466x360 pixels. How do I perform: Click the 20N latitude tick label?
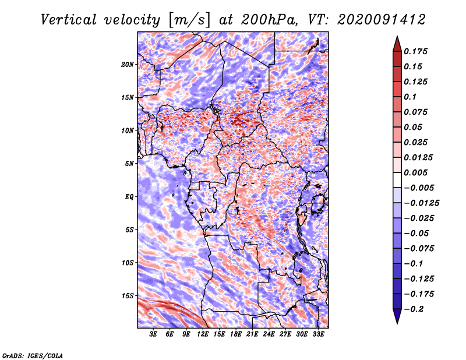[128, 64]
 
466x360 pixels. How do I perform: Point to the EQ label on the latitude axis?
[129, 196]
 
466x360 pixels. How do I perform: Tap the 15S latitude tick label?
[128, 295]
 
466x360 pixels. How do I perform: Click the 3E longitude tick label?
[154, 334]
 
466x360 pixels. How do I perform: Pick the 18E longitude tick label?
[236, 334]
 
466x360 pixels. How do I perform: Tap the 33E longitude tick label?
[318, 334]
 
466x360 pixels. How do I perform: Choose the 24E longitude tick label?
[269, 334]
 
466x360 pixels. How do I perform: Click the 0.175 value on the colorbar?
[417, 51]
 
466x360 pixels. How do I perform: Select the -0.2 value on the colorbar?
[416, 309]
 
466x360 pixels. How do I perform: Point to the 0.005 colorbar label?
[417, 172]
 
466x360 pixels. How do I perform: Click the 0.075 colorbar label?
[417, 112]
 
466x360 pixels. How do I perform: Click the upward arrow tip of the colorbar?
[397, 38]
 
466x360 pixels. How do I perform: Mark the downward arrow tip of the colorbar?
[397, 322]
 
